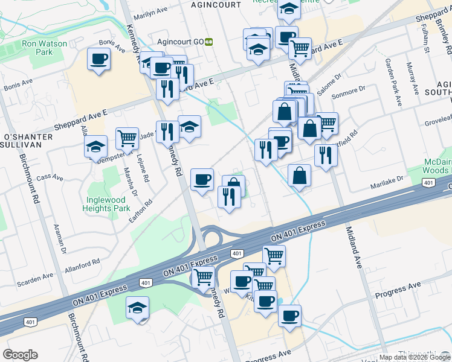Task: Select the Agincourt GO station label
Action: [178, 42]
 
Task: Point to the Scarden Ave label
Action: [36, 278]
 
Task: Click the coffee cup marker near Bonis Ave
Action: [98, 59]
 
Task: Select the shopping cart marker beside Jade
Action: [127, 138]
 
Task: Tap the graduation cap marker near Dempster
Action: [95, 146]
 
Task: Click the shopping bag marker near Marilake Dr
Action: [299, 176]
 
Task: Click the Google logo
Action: [20, 355]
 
